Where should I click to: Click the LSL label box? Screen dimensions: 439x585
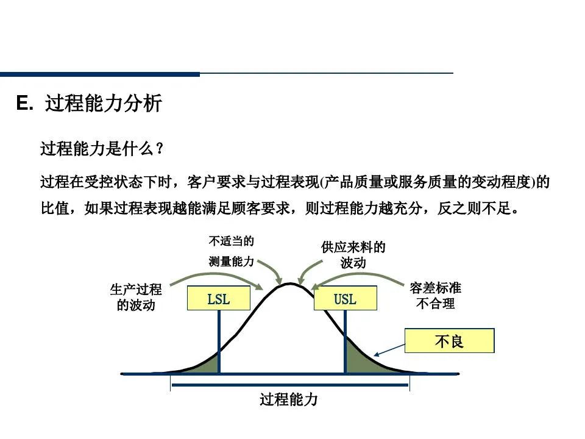pyautogui.click(x=219, y=298)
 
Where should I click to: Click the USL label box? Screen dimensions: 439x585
pyautogui.click(x=345, y=298)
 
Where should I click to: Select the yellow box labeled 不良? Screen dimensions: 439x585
pyautogui.click(x=449, y=341)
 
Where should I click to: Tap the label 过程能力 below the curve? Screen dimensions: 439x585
pyautogui.click(x=289, y=400)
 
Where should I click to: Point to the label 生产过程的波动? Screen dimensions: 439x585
pyautogui.click(x=136, y=297)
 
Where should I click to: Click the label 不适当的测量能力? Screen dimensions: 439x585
pyautogui.click(x=231, y=251)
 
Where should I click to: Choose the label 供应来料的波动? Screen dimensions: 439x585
pyautogui.click(x=353, y=255)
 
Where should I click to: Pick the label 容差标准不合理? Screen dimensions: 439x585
pyautogui.click(x=435, y=295)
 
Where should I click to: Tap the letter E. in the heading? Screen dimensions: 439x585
pyautogui.click(x=24, y=104)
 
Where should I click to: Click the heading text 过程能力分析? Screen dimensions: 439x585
pyautogui.click(x=104, y=104)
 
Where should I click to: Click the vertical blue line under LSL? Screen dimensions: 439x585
pyautogui.click(x=219, y=341)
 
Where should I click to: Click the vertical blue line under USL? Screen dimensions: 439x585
pyautogui.click(x=345, y=341)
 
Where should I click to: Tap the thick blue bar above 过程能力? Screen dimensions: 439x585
pyautogui.click(x=289, y=385)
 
